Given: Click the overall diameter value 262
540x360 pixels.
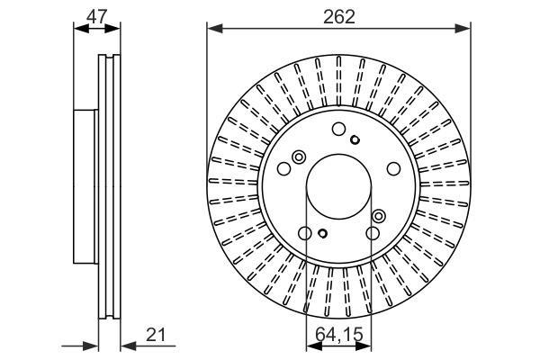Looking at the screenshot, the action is pos(339,16).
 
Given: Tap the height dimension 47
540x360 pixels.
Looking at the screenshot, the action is pos(97,16).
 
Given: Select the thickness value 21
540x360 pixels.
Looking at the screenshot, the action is pos(156,335).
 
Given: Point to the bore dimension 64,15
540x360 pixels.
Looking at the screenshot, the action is pos(339,334).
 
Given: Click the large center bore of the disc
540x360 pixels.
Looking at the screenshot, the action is pos(339,186).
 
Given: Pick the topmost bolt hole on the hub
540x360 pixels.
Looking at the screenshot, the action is pos(339,129).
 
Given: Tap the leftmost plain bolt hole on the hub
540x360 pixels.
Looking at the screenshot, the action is pos(284,169).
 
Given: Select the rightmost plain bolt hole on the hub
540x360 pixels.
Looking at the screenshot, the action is pos(393,169).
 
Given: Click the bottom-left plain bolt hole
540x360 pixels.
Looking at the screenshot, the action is pos(305,233).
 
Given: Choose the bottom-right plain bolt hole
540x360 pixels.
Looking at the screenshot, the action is pos(373,233).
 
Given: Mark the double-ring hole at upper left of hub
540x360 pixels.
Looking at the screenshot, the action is pos(299,157).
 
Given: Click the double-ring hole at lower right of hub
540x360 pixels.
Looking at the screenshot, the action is pos(379,216).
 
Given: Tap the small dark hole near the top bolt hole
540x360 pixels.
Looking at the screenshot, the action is pos(355,139).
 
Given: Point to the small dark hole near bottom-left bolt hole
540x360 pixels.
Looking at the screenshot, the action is pos(322,233).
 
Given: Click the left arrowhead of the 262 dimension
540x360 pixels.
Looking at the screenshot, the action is pos(214,29).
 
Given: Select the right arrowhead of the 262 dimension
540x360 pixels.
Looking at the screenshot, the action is pos(463,29).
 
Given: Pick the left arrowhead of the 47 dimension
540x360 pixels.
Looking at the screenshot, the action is pos(81,29).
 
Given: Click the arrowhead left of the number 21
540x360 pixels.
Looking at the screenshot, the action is pos(129,347).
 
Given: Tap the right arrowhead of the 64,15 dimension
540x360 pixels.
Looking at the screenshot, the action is pos(364,347).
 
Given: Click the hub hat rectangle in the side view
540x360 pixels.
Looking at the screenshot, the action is pos(85,186).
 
